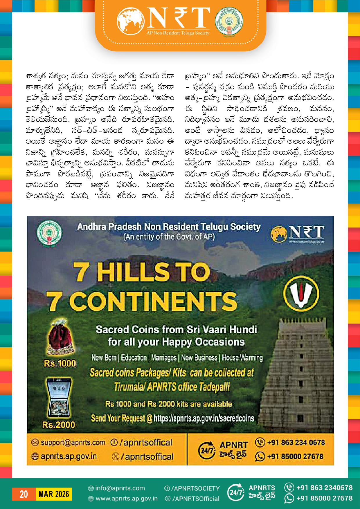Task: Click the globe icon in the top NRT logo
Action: [131, 21]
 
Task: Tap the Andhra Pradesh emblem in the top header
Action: [229, 21]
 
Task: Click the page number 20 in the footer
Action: [24, 494]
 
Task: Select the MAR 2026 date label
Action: [54, 494]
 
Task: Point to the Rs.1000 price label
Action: [60, 363]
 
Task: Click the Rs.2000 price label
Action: [59, 425]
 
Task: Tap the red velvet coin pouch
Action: [61, 338]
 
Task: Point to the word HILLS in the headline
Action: [133, 272]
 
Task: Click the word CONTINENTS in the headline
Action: [153, 301]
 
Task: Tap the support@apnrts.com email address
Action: [73, 443]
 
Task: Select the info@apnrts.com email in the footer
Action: [120, 488]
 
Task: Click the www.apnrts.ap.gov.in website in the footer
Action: [127, 499]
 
